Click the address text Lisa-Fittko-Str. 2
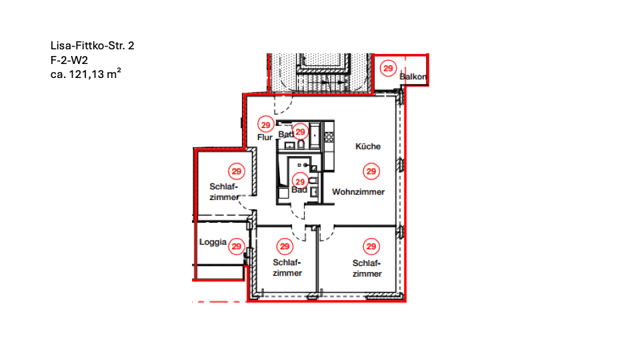click(92, 46)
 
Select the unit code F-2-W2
click(69, 61)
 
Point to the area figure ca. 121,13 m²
click(86, 74)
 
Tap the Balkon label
click(413, 77)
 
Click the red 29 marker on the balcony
click(388, 68)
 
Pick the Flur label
click(265, 137)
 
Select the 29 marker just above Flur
click(266, 125)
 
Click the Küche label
click(368, 147)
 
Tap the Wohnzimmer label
click(359, 192)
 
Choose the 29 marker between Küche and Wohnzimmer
click(371, 171)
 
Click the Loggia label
click(213, 243)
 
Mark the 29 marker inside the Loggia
click(236, 247)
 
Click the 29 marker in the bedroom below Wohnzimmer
click(371, 247)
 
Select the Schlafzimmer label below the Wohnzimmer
click(367, 269)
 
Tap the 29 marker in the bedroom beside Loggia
click(285, 247)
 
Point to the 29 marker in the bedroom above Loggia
click(236, 171)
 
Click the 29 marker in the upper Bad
click(300, 132)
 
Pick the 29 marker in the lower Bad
click(300, 181)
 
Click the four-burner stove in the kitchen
click(329, 137)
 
